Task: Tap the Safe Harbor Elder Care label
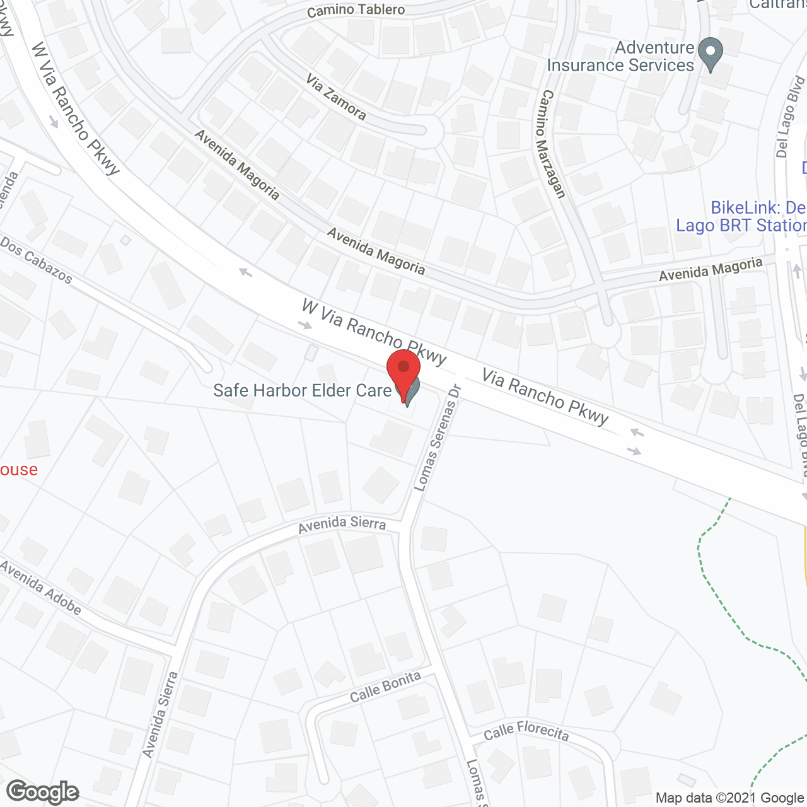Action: coord(302,391)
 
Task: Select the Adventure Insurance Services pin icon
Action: coord(711,54)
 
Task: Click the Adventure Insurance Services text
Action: coord(621,57)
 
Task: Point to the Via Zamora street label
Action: coord(336,96)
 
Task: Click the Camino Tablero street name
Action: coord(356,10)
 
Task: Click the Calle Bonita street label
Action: coord(385,687)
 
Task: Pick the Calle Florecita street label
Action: coord(526,731)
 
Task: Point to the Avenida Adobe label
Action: coord(40,588)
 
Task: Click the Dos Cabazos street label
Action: coord(36,260)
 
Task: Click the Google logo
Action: coord(43,792)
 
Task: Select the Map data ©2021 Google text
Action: coord(729,798)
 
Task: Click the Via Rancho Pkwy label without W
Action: coord(545,397)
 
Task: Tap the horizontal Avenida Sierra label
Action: coord(342,524)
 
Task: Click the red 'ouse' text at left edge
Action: coord(19,470)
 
